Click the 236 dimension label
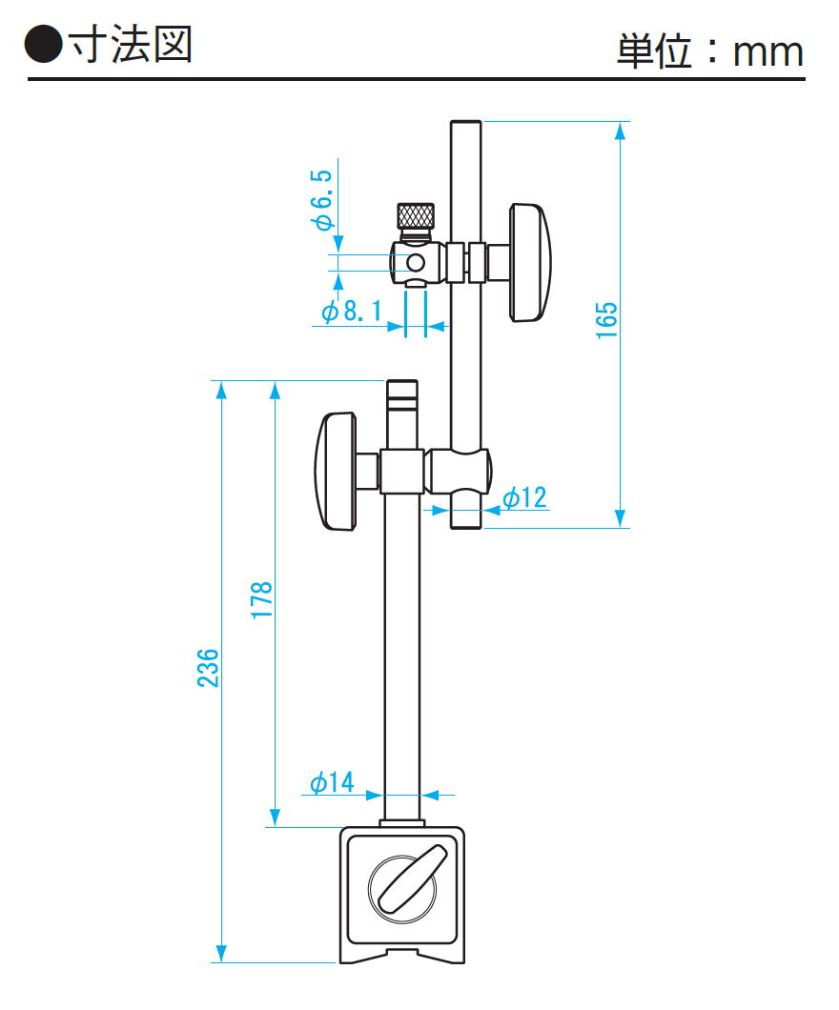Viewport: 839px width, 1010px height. coord(209,668)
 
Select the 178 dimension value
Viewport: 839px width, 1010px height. coord(262,600)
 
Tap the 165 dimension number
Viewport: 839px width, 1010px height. coord(607,320)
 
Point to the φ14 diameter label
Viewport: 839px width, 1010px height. coord(331,783)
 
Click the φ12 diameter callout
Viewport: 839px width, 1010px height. coord(524,497)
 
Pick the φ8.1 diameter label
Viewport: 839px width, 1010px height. coord(350,312)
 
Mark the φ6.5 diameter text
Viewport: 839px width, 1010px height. coord(322,201)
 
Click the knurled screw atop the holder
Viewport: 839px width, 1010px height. coord(416,216)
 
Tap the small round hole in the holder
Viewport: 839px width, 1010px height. coord(416,262)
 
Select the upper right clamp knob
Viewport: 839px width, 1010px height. coord(530,262)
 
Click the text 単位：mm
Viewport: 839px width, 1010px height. coord(709,51)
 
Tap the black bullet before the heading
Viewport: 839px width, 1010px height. coord(44,45)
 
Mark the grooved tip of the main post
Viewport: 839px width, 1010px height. coord(401,392)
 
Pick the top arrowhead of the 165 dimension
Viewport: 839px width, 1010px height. coord(621,131)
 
